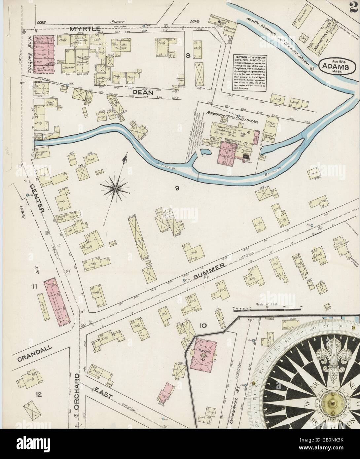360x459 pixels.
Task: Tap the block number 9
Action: click(177, 189)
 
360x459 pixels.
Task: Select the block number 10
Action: click(203, 326)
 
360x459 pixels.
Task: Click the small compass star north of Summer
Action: click(115, 189)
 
